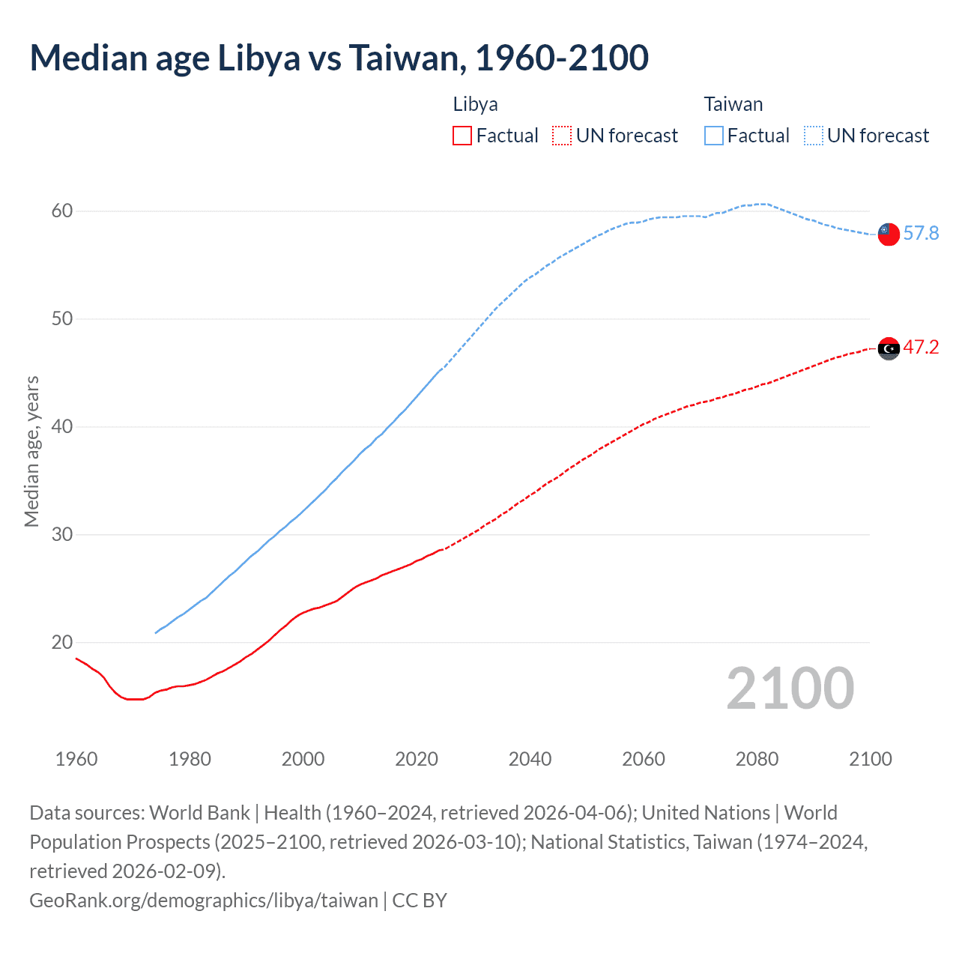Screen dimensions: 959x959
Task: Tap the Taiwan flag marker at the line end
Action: [888, 234]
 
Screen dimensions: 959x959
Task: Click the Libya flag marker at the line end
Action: [888, 348]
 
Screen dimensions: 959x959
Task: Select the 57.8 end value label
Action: [921, 234]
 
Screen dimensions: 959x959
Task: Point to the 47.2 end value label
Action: [921, 348]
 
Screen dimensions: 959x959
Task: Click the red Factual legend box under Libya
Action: [462, 136]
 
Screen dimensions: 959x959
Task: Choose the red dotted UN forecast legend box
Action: [561, 136]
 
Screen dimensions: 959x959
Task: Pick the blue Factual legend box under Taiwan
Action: [714, 136]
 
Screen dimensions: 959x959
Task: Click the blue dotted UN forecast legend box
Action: [813, 136]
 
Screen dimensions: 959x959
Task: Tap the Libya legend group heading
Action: [475, 104]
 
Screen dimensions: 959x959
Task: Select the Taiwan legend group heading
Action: [733, 104]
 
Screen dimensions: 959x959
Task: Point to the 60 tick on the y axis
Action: [62, 211]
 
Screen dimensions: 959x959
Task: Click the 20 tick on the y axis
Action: [62, 643]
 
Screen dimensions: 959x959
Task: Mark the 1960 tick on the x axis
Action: [76, 759]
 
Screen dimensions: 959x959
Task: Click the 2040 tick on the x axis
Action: [530, 759]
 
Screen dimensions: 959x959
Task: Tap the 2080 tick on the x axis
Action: [757, 759]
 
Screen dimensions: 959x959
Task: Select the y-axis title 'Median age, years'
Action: [31, 452]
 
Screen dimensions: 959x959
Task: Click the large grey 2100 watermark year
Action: [790, 689]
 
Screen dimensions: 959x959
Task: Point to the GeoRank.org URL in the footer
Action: [204, 901]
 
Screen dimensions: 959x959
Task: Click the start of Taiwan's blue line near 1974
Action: [157, 632]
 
